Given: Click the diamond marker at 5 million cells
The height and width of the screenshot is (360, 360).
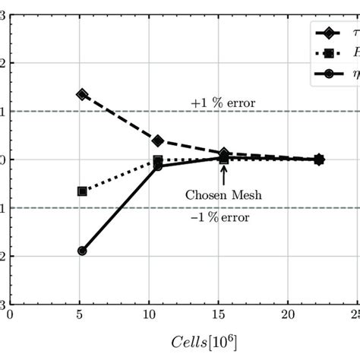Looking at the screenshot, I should tap(82, 94).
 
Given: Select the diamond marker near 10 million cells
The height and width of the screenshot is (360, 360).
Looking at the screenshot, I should tap(158, 141).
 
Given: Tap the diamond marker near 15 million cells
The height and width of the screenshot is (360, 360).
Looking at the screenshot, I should tap(224, 153).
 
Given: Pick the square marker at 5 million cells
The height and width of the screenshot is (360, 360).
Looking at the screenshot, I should tap(82, 191).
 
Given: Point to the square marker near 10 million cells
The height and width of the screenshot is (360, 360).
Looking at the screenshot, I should tap(158, 161).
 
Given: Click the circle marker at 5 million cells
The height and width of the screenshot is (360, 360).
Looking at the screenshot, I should tap(82, 251).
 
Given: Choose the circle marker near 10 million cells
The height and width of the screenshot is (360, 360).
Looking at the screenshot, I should tap(158, 166).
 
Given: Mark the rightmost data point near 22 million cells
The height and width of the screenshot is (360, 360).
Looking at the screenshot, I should tap(319, 159).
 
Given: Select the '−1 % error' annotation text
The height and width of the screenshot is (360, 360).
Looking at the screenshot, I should tap(224, 218).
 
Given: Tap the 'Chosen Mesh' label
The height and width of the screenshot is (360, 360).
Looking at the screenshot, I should tap(223, 194).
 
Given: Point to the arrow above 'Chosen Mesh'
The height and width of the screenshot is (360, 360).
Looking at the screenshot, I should tap(224, 174).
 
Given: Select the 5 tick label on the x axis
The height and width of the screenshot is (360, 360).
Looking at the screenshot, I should tap(81, 314).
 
